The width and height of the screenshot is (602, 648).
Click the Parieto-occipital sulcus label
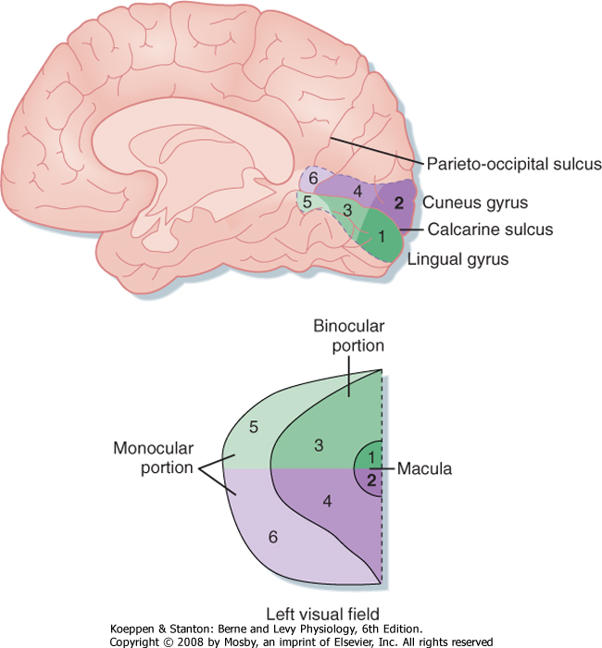514,164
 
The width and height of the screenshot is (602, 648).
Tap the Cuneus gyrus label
470,201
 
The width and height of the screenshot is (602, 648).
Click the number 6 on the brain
314,178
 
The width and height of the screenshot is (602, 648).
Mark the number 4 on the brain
357,192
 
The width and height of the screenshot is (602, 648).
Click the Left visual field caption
306,613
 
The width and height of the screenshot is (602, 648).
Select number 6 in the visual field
271,535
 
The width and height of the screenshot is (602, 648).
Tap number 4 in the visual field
326,502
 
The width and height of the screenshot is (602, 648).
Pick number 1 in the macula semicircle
370,457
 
